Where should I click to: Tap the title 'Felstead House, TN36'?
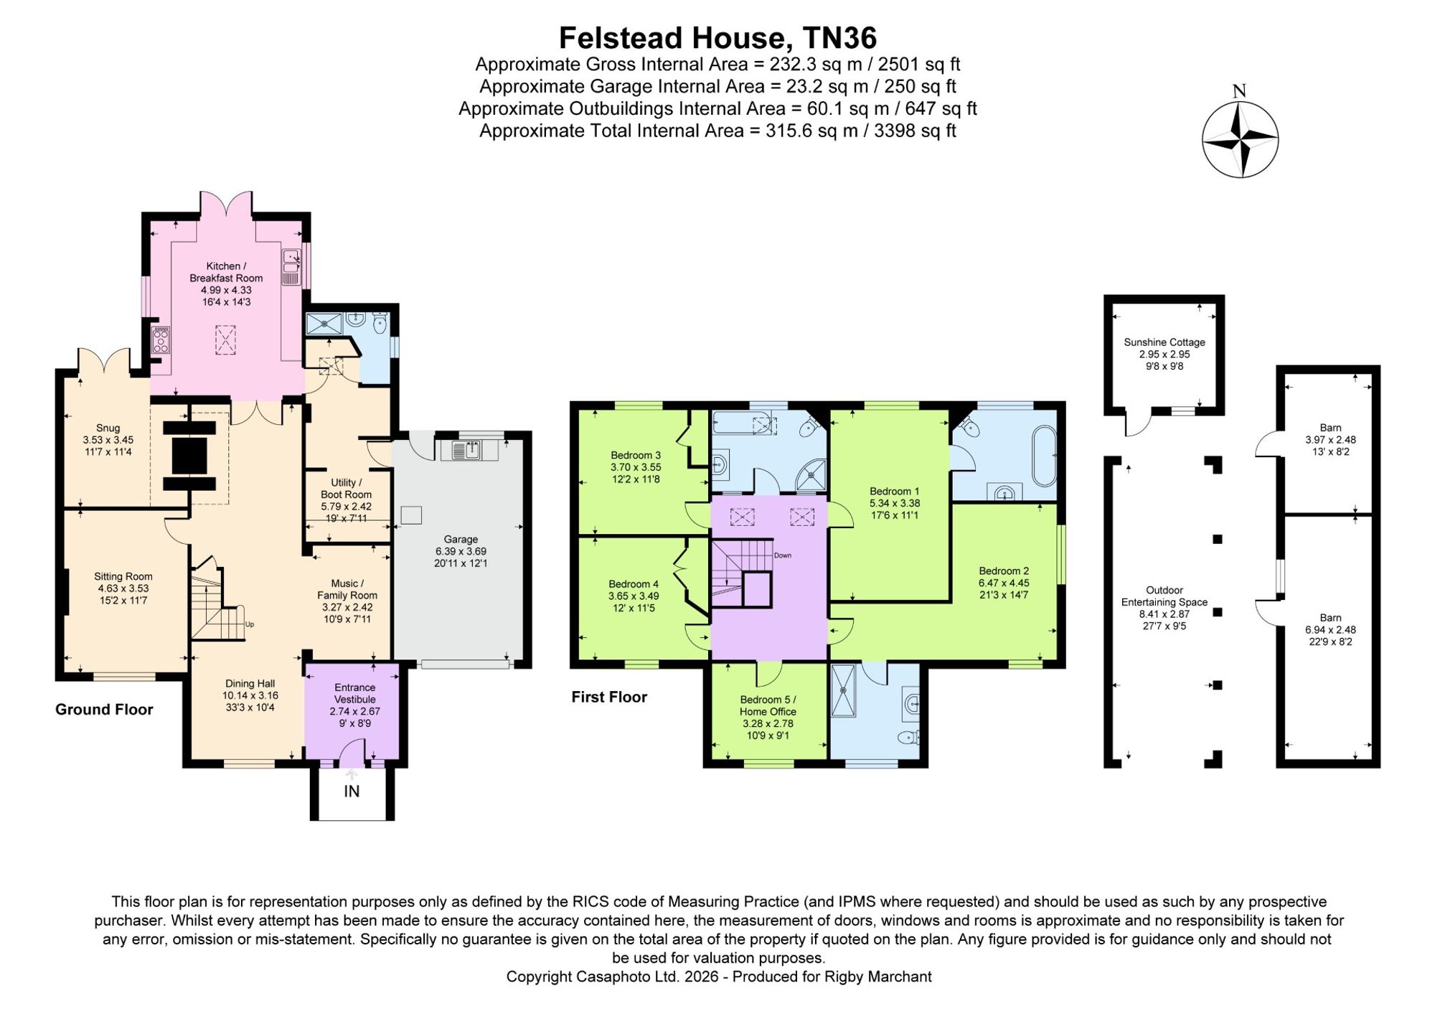[717, 37]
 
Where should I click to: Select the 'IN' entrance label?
[352, 791]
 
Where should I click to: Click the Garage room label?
[461, 539]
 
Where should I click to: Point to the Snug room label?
[108, 428]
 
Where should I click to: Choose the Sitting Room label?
[123, 576]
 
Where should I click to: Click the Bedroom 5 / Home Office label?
[768, 705]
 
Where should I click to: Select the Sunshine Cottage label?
[1165, 342]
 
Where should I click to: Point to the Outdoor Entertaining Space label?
[1165, 596]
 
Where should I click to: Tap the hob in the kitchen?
[161, 339]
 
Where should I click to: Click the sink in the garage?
[469, 451]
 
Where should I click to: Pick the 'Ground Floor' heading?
[104, 710]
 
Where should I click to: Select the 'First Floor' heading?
[609, 697]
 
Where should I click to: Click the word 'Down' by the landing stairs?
[782, 555]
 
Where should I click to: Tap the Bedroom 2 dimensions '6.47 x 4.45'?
[1004, 583]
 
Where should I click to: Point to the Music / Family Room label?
[347, 589]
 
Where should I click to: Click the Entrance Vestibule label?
[355, 693]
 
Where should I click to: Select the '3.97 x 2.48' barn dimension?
[1330, 440]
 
